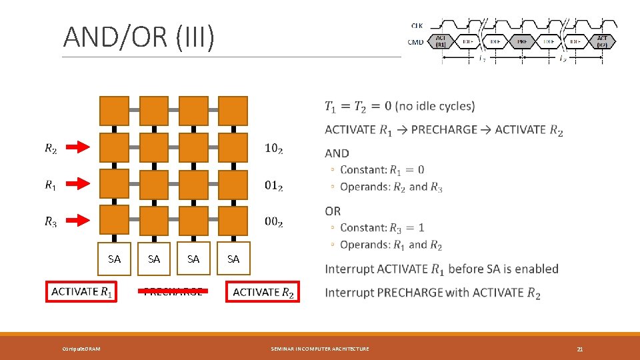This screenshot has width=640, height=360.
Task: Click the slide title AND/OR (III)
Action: (139, 38)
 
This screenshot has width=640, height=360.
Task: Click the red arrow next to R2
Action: (83, 147)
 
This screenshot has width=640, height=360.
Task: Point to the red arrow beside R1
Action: (83, 183)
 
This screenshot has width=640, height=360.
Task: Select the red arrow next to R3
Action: (83, 220)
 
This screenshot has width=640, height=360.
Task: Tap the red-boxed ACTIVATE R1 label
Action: (81, 292)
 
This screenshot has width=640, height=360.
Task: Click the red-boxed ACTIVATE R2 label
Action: (263, 292)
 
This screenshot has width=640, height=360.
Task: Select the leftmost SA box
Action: (115, 259)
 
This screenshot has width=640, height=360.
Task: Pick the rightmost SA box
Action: (233, 259)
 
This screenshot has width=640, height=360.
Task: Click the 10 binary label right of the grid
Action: (273, 149)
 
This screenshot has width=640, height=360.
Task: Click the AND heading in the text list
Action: (337, 153)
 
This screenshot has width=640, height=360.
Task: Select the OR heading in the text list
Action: (333, 211)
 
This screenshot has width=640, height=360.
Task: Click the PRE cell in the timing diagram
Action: (522, 41)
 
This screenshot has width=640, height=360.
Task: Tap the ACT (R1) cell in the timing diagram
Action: (441, 41)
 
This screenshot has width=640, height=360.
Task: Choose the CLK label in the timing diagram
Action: (417, 25)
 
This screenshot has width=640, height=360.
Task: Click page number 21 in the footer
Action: (580, 349)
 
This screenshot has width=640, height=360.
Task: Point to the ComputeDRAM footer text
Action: (81, 349)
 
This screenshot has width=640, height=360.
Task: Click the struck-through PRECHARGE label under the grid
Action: (173, 291)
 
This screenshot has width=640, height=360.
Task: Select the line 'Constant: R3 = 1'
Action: (382, 228)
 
